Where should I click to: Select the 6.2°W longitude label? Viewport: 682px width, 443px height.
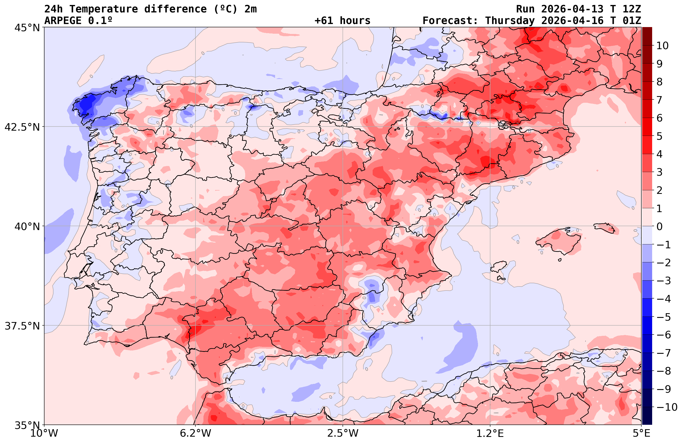[x=195, y=433]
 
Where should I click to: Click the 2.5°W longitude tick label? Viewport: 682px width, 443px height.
[x=343, y=433]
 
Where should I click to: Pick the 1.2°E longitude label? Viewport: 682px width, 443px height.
[x=490, y=433]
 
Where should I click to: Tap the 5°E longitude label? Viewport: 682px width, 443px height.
[x=641, y=433]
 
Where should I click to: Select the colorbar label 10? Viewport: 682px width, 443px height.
[x=662, y=46]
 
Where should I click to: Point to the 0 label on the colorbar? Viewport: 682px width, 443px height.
[x=659, y=226]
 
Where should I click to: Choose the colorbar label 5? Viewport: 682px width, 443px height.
[x=659, y=136]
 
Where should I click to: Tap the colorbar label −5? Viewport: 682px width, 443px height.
[x=663, y=317]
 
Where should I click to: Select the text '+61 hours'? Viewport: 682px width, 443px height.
[x=343, y=21]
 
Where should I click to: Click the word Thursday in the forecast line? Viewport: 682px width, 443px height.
[x=510, y=21]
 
